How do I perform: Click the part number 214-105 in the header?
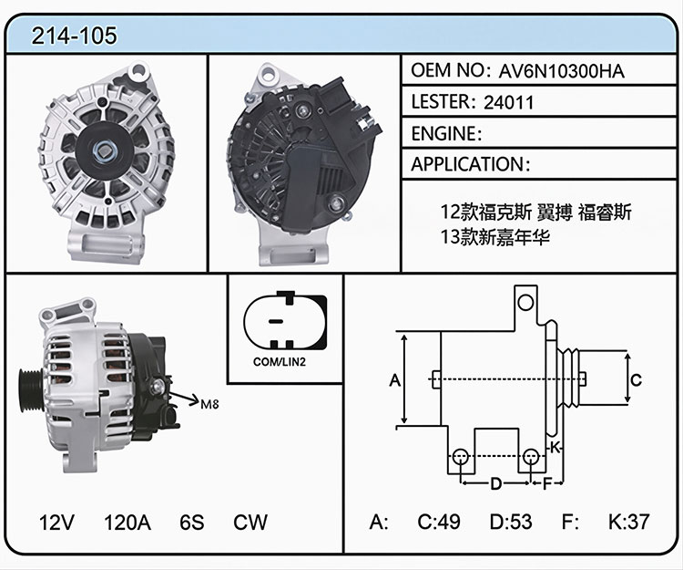[74, 36]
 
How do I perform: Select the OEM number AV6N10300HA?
[561, 71]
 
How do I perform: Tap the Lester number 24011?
[508, 102]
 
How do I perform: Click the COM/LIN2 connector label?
[280, 361]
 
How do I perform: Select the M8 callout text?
[209, 404]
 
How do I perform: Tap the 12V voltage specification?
[56, 522]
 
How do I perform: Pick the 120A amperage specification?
[127, 522]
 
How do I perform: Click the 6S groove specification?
[191, 522]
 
